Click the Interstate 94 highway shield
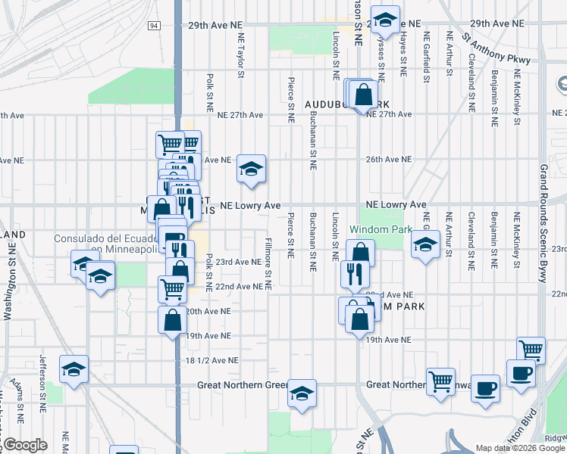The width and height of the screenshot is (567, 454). [155, 26]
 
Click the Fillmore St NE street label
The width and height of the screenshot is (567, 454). [268, 264]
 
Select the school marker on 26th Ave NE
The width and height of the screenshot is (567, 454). [252, 169]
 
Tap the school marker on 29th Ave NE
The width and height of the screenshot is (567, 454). [384, 20]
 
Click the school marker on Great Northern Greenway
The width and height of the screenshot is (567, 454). [302, 393]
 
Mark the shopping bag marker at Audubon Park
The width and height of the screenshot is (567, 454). [363, 96]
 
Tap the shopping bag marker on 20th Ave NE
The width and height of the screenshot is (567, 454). [173, 319]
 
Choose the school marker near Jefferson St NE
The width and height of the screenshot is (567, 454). [74, 370]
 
